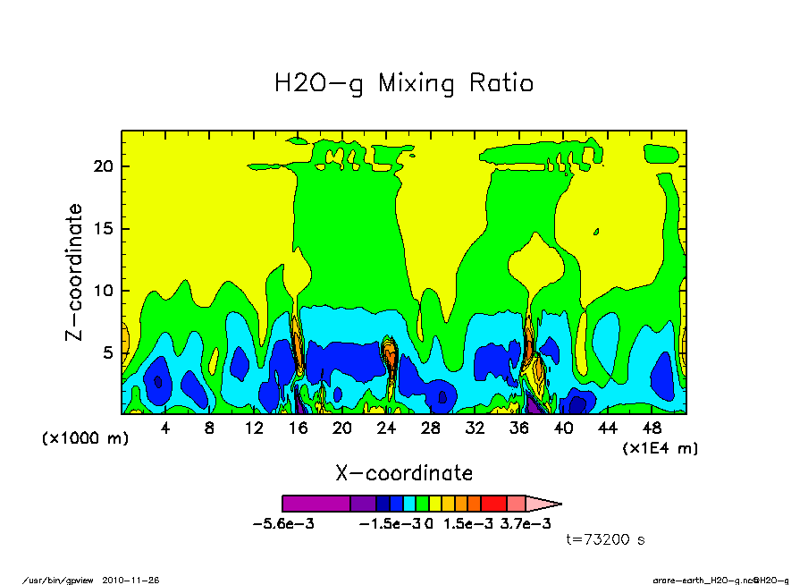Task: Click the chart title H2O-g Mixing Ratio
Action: (x=404, y=84)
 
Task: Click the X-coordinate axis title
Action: (x=404, y=472)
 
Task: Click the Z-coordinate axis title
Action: (x=74, y=272)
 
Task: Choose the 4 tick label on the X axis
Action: (x=165, y=428)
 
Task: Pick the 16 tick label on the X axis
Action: (x=298, y=428)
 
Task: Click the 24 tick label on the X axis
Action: (x=386, y=428)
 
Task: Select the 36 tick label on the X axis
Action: (x=518, y=428)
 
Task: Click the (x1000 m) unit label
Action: (x=77, y=438)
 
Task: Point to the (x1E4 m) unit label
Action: (x=660, y=447)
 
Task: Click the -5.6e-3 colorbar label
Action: (x=284, y=523)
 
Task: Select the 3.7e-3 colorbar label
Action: (x=525, y=523)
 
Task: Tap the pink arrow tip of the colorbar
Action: (x=545, y=504)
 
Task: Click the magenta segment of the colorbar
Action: (x=316, y=504)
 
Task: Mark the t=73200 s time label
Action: (x=606, y=539)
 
